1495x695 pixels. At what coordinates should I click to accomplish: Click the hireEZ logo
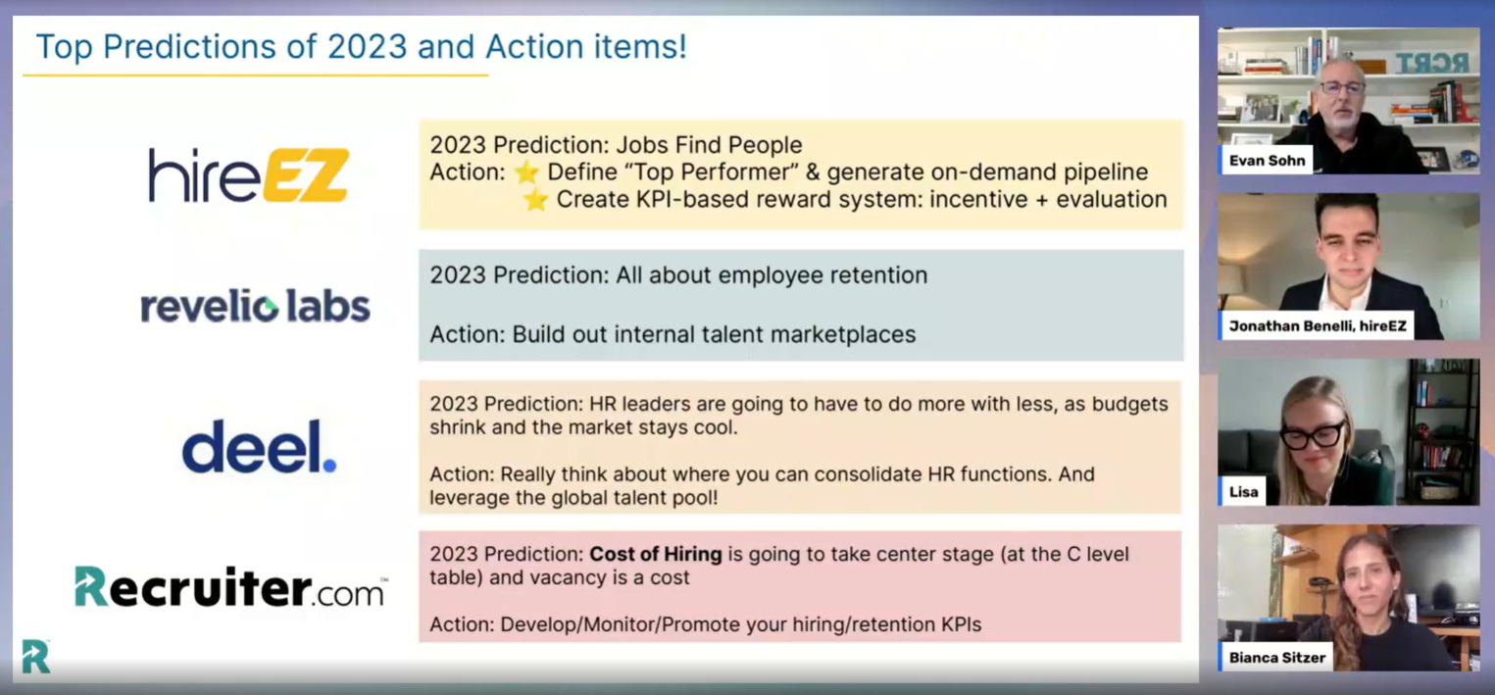pyautogui.click(x=248, y=174)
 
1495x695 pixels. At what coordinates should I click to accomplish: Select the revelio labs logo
pyautogui.click(x=256, y=307)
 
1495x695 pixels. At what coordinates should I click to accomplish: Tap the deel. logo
pyautogui.click(x=259, y=447)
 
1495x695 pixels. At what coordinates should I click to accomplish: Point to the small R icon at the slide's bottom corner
pyautogui.click(x=35, y=656)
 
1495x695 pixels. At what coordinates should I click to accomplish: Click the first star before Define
pyautogui.click(x=526, y=173)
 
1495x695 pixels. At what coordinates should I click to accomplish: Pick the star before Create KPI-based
pyautogui.click(x=535, y=200)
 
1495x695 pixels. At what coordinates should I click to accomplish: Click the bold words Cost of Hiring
pyautogui.click(x=656, y=554)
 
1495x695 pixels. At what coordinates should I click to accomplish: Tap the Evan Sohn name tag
pyautogui.click(x=1266, y=160)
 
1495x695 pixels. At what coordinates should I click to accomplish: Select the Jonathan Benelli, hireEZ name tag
pyautogui.click(x=1317, y=325)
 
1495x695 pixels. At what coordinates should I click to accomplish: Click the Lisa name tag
pyautogui.click(x=1243, y=492)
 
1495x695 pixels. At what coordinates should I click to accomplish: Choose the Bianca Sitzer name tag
pyautogui.click(x=1276, y=658)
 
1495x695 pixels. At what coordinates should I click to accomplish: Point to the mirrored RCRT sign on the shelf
pyautogui.click(x=1431, y=63)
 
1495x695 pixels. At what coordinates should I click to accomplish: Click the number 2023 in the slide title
pyautogui.click(x=367, y=47)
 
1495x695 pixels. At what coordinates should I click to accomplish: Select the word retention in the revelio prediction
pyautogui.click(x=878, y=275)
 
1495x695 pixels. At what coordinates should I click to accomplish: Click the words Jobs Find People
pyautogui.click(x=709, y=145)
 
